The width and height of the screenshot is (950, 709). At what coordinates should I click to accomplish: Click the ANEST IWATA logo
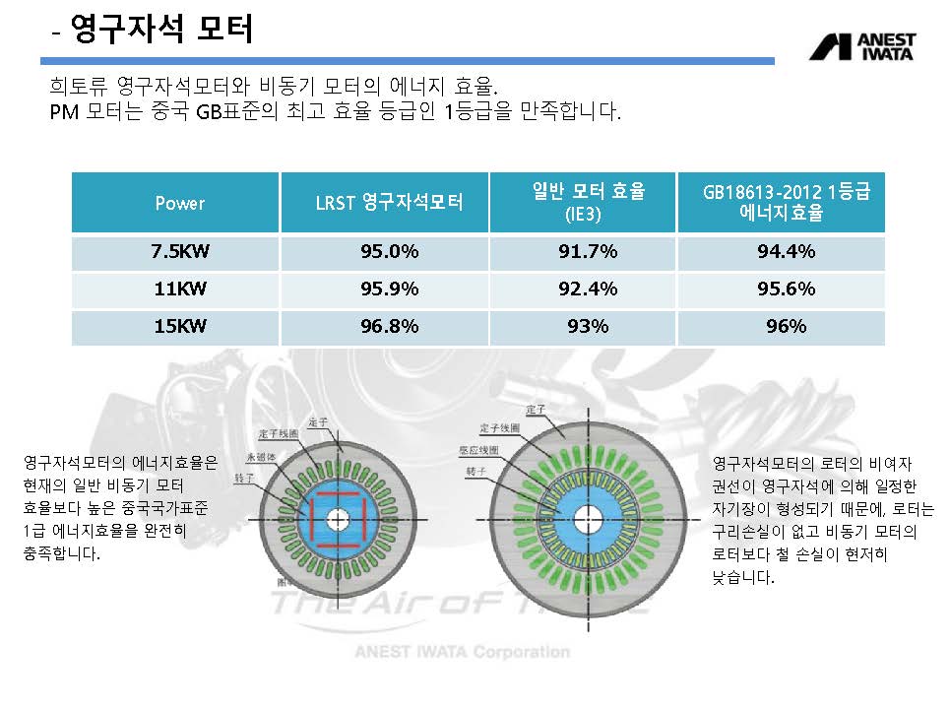point(862,47)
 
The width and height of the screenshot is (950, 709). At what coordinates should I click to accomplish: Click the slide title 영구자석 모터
point(162,30)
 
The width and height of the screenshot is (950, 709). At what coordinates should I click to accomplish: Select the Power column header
point(179,203)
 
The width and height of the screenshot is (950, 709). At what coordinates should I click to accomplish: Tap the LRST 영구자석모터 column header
point(388,203)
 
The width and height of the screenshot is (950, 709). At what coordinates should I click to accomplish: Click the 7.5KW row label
point(179,252)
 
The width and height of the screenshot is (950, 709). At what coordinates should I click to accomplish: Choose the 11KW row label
point(179,290)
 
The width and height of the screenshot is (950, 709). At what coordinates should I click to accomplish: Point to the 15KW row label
point(179,327)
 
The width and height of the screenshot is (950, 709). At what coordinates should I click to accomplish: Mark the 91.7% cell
point(588,252)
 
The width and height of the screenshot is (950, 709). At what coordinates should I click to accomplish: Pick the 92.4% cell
point(588,290)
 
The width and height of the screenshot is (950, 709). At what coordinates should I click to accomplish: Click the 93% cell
point(588,327)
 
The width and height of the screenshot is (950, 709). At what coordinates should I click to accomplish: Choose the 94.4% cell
point(786,252)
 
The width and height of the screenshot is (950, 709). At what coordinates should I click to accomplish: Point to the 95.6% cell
point(786,290)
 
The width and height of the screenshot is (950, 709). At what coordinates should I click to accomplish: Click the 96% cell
point(786,327)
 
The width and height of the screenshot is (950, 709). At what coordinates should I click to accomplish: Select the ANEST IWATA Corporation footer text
point(461,652)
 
